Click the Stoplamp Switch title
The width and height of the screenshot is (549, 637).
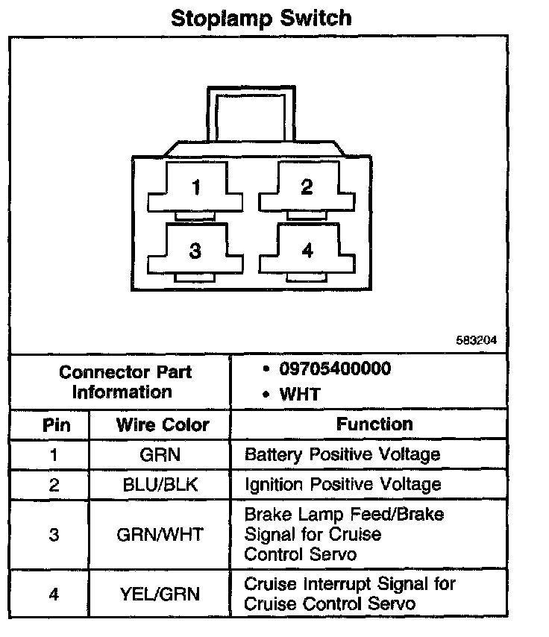coord(261,18)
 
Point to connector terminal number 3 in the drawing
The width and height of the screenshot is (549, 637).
coord(195,251)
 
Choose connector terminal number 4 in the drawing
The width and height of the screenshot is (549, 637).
coord(307,251)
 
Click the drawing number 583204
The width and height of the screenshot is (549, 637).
coord(476,340)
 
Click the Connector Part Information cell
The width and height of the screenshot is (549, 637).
coord(125,381)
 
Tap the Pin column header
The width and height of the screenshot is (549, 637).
coord(56,425)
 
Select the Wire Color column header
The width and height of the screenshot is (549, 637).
coord(163,425)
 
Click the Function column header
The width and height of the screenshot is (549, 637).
coord(374,424)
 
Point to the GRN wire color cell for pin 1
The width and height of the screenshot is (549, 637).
coord(160,454)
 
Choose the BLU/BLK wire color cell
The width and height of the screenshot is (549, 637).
coord(160,484)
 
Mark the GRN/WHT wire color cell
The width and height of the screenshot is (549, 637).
coord(160,534)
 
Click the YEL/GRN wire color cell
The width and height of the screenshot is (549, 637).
coord(160,594)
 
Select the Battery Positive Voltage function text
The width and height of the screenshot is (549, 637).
coord(342,454)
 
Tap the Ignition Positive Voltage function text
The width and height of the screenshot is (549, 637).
coord(342,484)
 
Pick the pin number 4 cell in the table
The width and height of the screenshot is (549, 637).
coord(53,594)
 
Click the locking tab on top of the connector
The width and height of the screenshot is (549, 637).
coord(251,119)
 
